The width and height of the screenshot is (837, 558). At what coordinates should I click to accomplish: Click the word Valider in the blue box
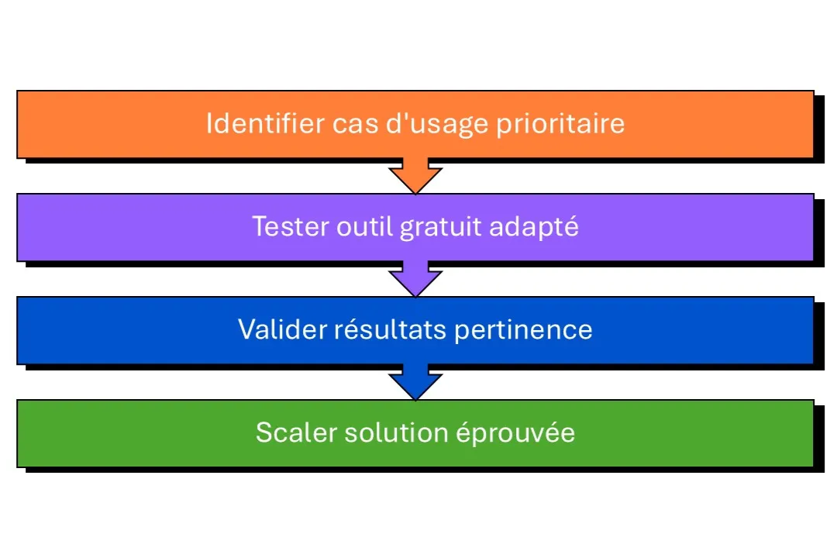[x=282, y=329]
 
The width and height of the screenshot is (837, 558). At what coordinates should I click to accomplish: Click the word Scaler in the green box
[x=292, y=432]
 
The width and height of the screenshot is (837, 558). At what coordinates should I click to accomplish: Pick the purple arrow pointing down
[x=415, y=279]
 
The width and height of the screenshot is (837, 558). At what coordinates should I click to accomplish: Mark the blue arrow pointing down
[x=415, y=382]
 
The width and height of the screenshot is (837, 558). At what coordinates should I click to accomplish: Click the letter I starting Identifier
[x=209, y=124]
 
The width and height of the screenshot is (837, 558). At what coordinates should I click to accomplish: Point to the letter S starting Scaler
[x=263, y=432]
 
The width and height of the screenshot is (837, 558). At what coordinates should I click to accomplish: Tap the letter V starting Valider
[x=246, y=329]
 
